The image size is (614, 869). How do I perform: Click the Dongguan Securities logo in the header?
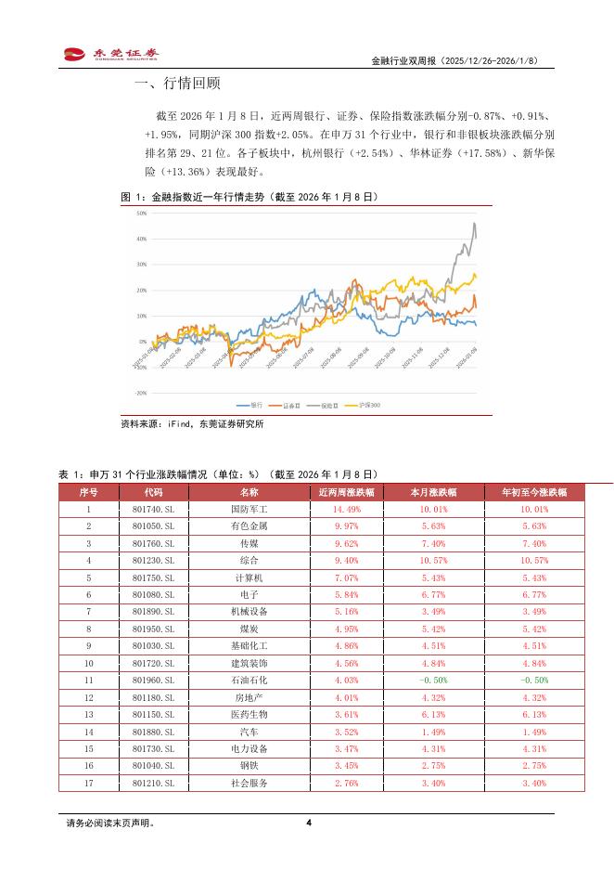click(x=109, y=55)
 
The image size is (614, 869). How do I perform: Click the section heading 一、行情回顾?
click(x=177, y=84)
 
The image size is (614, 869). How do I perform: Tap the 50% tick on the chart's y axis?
click(x=142, y=213)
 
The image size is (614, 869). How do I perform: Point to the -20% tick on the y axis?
click(x=141, y=393)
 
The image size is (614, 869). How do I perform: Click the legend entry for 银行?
click(x=251, y=405)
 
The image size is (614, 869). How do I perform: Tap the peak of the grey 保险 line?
click(x=475, y=223)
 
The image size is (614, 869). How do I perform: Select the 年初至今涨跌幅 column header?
click(x=533, y=492)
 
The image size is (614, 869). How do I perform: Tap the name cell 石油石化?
click(x=249, y=680)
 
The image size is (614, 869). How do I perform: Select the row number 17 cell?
click(x=89, y=782)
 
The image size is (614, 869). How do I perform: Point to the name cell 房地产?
click(x=249, y=696)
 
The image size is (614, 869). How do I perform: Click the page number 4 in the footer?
click(x=308, y=823)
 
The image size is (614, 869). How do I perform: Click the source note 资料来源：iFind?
click(x=192, y=424)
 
